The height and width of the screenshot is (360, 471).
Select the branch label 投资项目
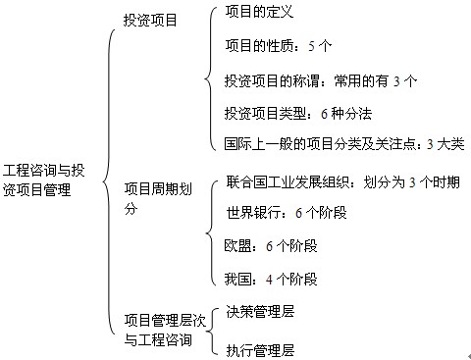point(150,20)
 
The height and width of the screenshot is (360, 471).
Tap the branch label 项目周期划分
point(157,197)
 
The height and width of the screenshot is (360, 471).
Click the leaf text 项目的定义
point(259,13)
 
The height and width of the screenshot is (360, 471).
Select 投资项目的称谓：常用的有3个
point(321,79)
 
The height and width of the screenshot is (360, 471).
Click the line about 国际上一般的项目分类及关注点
point(343,144)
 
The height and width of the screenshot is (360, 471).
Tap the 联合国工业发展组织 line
point(342,182)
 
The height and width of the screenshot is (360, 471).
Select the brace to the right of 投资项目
point(208,78)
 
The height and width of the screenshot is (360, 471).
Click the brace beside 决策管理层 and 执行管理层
point(214,330)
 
